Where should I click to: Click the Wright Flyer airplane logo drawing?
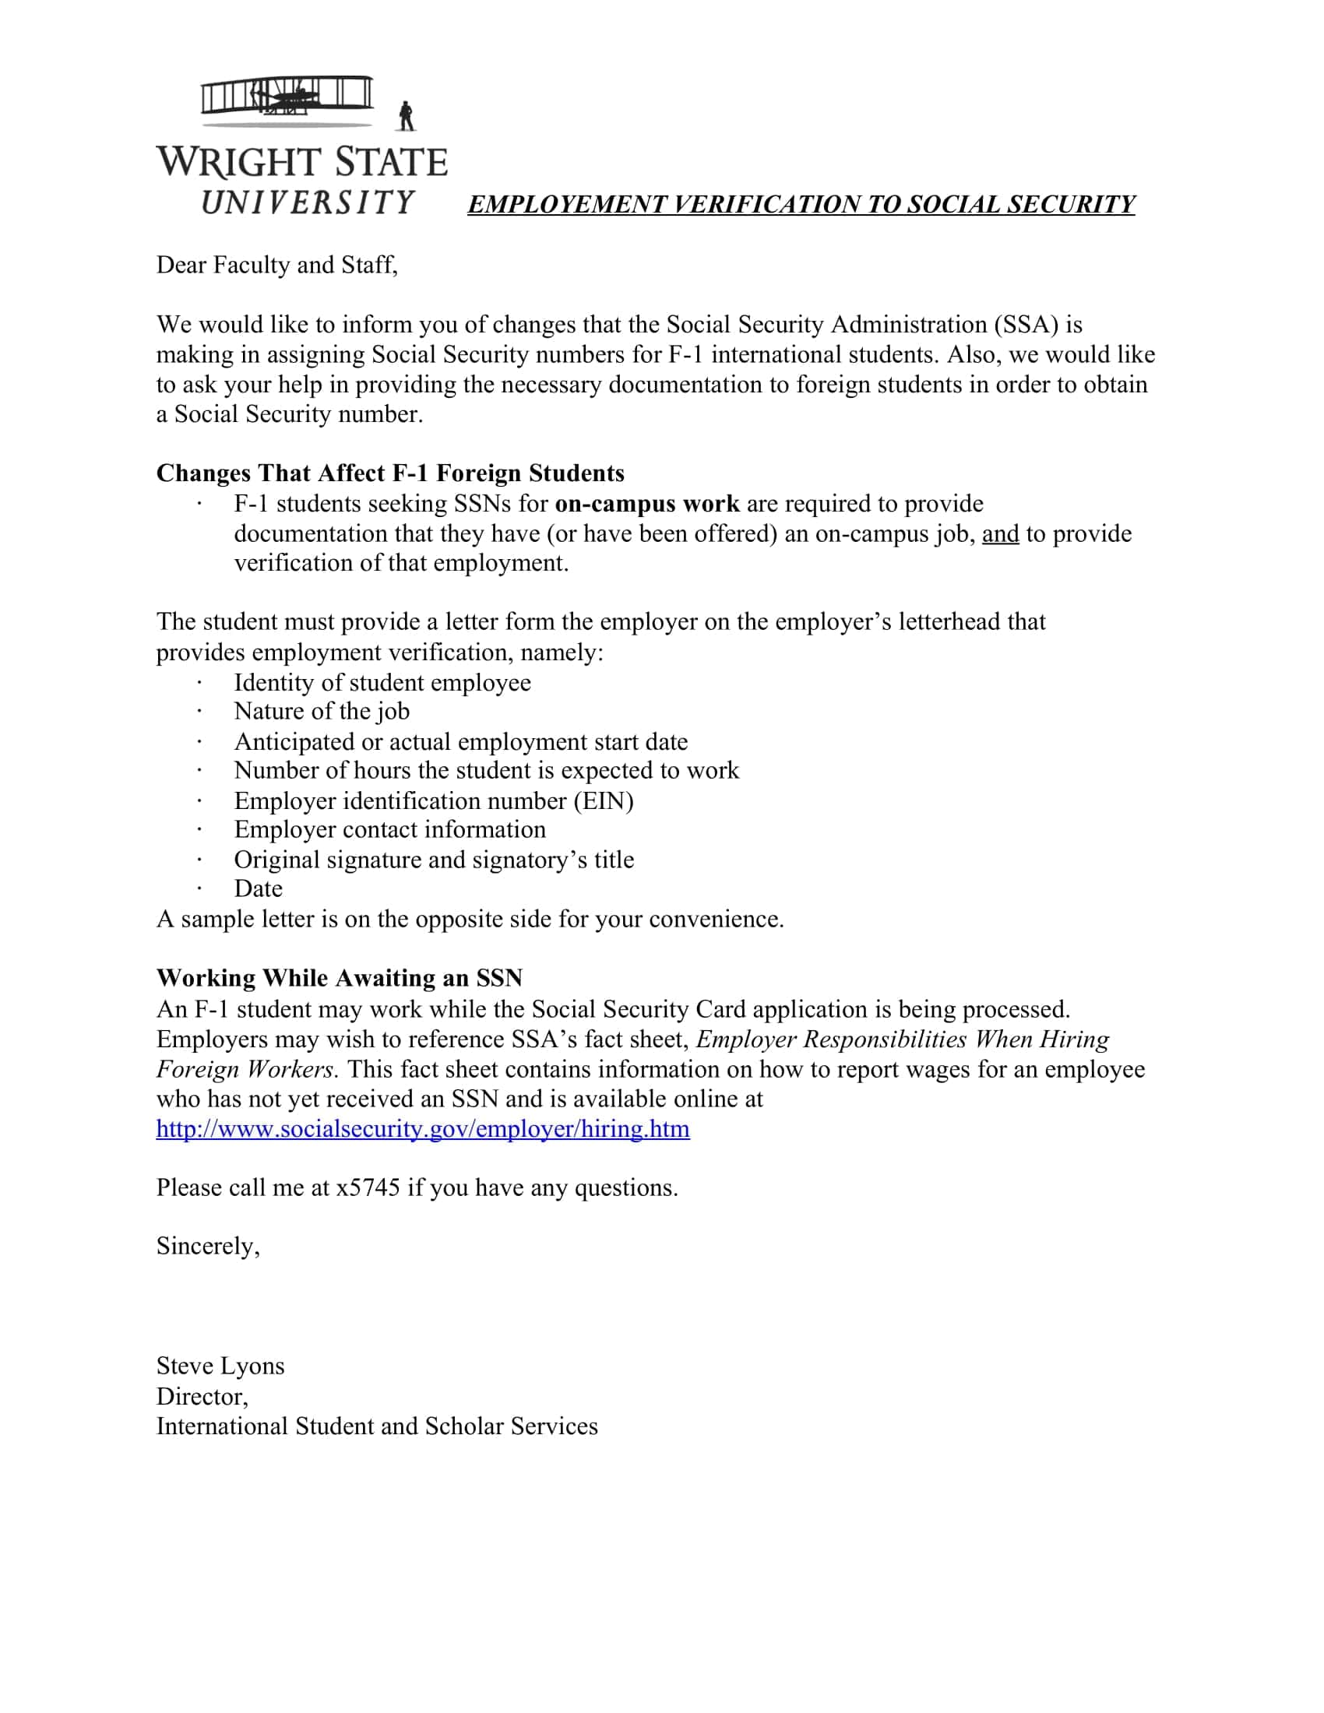pyautogui.click(x=287, y=100)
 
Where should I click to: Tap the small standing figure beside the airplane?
pyautogui.click(x=406, y=117)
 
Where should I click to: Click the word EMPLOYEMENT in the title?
pyautogui.click(x=565, y=205)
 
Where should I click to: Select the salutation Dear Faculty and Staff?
pyautogui.click(x=277, y=265)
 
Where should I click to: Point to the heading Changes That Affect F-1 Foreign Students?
pyautogui.click(x=390, y=473)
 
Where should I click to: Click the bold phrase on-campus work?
pyautogui.click(x=647, y=504)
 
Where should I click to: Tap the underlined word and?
pyautogui.click(x=1000, y=534)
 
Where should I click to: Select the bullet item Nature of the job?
pyautogui.click(x=322, y=712)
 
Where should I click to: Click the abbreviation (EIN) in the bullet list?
pyautogui.click(x=603, y=800)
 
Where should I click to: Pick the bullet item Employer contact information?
pyautogui.click(x=390, y=830)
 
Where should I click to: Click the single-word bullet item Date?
pyautogui.click(x=258, y=888)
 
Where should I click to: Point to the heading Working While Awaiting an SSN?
pyautogui.click(x=339, y=978)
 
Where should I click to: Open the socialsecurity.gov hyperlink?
pyautogui.click(x=423, y=1129)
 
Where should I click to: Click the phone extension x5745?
pyautogui.click(x=368, y=1187)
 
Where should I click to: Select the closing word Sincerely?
pyautogui.click(x=208, y=1247)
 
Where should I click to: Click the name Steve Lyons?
pyautogui.click(x=220, y=1366)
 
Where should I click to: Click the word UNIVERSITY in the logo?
pyautogui.click(x=308, y=202)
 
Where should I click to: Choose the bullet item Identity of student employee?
pyautogui.click(x=382, y=682)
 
